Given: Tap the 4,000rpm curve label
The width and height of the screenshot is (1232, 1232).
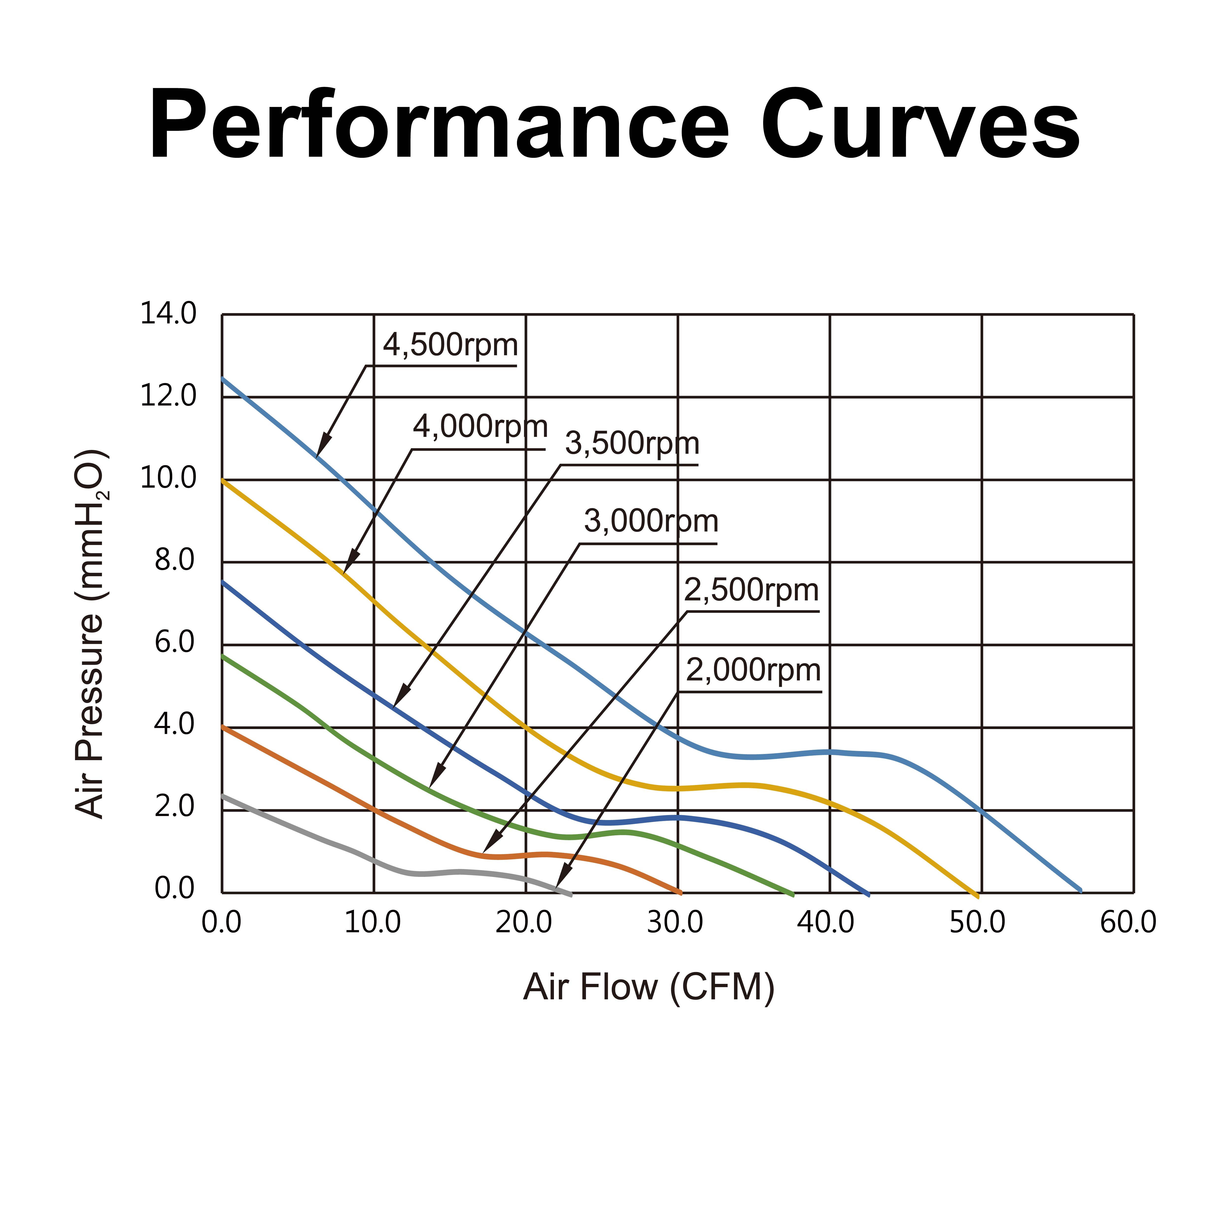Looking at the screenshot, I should coord(480,427).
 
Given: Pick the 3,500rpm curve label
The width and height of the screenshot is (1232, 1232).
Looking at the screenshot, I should coord(632,444).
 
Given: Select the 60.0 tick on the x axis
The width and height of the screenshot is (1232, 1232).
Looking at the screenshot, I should coord(1128,923).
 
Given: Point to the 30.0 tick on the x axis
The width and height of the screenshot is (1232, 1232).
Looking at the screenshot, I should coord(675,923).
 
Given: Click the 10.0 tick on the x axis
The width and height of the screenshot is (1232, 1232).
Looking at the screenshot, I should coord(372,923).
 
